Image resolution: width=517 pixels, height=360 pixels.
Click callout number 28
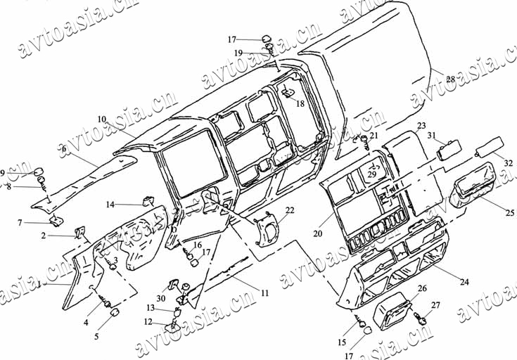pyautogui.click(x=450, y=79)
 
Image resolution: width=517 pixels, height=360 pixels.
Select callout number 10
pyautogui.click(x=102, y=119)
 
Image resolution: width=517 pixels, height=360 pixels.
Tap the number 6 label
pyautogui.click(x=63, y=149)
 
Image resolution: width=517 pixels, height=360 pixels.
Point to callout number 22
pyautogui.click(x=290, y=210)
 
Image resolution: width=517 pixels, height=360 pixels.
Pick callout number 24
pyautogui.click(x=464, y=281)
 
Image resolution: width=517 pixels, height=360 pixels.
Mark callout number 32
pyautogui.click(x=508, y=162)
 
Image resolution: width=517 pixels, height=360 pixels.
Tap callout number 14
pyautogui.click(x=110, y=205)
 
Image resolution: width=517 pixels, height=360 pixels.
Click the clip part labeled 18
pyautogui.click(x=288, y=92)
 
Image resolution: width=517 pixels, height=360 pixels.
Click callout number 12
pyautogui.click(x=148, y=322)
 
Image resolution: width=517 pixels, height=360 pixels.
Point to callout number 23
pyautogui.click(x=421, y=126)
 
